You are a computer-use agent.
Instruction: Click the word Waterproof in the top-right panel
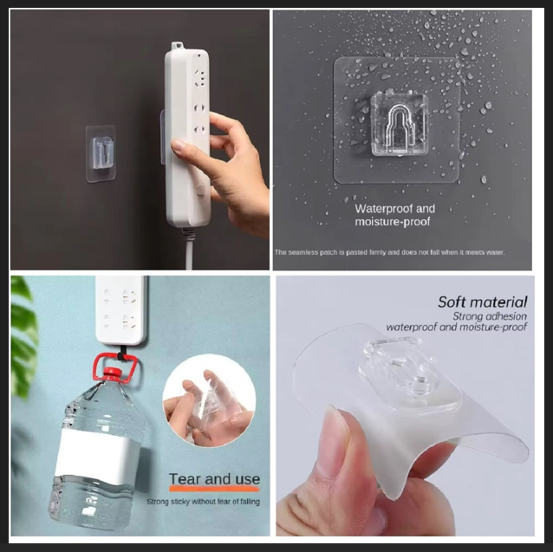pyautogui.click(x=384, y=209)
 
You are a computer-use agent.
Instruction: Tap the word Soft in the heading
pyautogui.click(x=452, y=302)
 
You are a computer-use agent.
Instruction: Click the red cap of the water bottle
pyautogui.click(x=114, y=373)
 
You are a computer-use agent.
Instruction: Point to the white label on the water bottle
pyautogui.click(x=96, y=454)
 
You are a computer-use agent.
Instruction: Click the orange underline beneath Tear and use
pyautogui.click(x=214, y=489)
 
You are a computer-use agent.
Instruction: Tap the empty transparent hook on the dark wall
pyautogui.click(x=102, y=153)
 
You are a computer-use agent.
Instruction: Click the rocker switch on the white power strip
pyautogui.click(x=201, y=189)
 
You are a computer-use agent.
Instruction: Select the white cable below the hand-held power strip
pyautogui.click(x=188, y=248)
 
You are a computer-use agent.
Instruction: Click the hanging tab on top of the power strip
pyautogui.click(x=177, y=46)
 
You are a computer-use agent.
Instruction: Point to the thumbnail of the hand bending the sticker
pyautogui.click(x=405, y=406)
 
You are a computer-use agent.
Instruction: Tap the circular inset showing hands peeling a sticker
pyautogui.click(x=210, y=401)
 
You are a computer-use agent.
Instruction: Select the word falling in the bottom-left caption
pyautogui.click(x=250, y=502)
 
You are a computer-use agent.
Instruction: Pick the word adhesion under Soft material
pyautogui.click(x=507, y=316)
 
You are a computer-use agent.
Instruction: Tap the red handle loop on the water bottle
pyautogui.click(x=115, y=367)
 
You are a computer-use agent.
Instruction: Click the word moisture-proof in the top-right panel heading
pyautogui.click(x=393, y=222)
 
